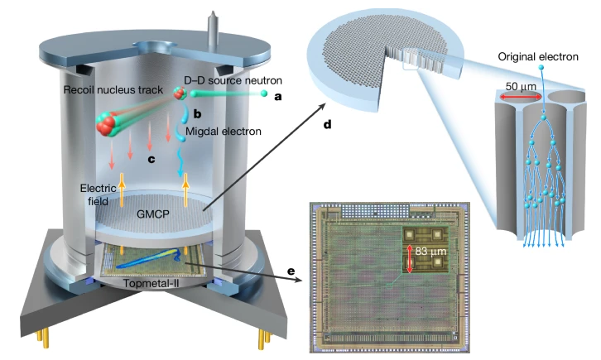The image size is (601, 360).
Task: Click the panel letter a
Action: [x=278, y=96]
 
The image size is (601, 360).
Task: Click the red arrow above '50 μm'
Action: [x=519, y=97]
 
